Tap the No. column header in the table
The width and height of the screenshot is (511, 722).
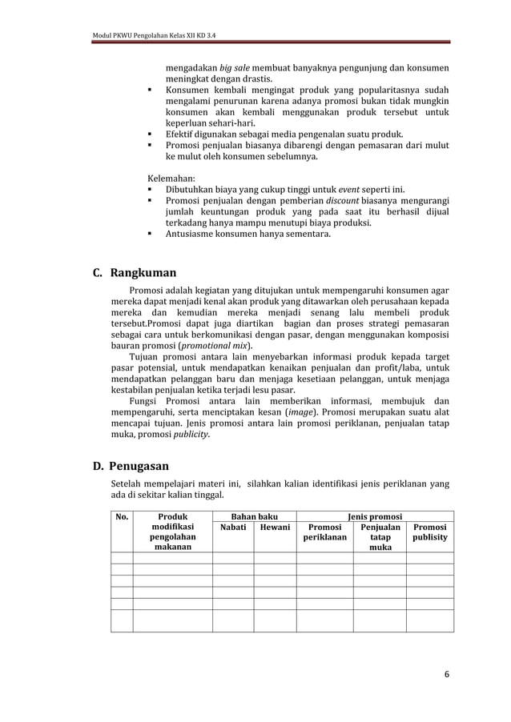tap(122, 517)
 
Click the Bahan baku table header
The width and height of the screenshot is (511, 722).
tap(254, 517)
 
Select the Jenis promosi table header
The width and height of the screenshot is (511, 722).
tap(375, 517)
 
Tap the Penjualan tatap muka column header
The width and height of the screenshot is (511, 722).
tap(380, 539)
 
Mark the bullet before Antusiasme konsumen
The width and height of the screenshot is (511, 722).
tap(151, 235)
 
